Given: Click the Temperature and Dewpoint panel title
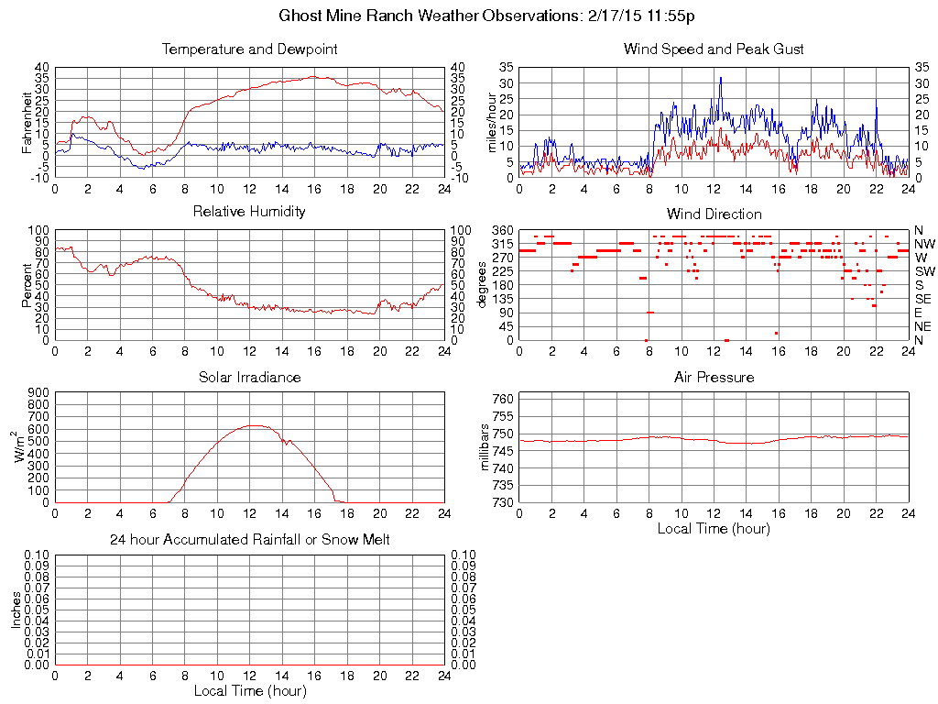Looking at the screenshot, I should [249, 49].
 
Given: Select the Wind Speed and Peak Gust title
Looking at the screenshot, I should [714, 49].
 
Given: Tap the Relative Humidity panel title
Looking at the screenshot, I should [249, 212].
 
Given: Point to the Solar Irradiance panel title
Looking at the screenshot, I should [249, 377].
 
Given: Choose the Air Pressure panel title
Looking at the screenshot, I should [714, 377].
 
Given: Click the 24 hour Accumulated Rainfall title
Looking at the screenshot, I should [249, 540].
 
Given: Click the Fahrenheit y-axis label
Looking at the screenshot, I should [27, 122].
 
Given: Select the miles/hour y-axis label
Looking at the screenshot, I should [492, 122].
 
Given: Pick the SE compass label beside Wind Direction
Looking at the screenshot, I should [923, 299].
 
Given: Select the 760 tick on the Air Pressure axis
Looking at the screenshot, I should [502, 399].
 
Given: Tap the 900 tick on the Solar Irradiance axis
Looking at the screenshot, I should [38, 393].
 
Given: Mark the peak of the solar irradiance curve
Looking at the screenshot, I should [255, 425].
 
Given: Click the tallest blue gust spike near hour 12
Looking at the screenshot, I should [721, 78].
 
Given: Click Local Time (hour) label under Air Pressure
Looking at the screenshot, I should [714, 529].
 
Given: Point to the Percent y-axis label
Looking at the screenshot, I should [27, 285].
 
